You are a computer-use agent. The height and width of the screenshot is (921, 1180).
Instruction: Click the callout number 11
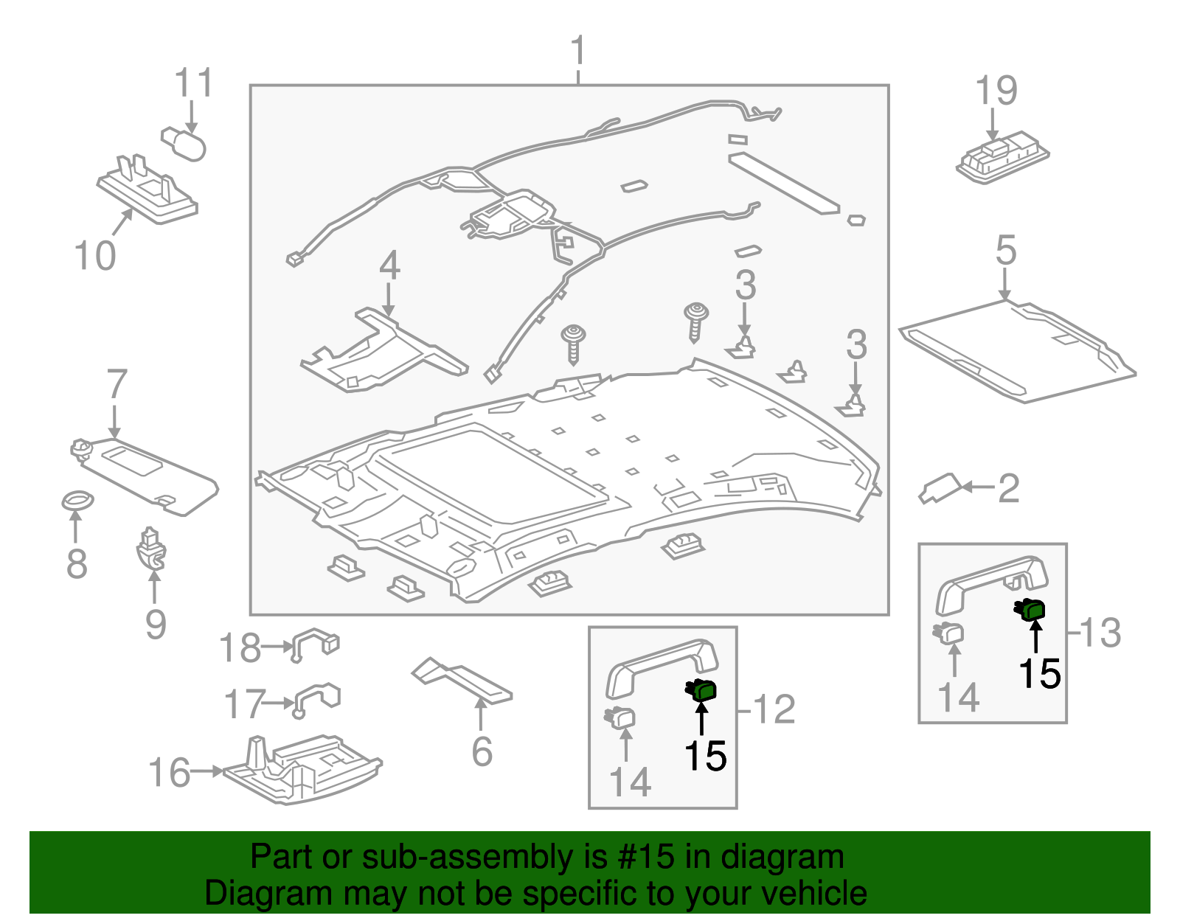(x=194, y=83)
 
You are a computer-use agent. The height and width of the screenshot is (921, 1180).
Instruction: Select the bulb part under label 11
(x=184, y=142)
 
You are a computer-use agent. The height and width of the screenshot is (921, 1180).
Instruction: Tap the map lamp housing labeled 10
(x=147, y=191)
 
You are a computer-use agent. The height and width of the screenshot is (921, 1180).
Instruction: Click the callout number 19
(x=996, y=91)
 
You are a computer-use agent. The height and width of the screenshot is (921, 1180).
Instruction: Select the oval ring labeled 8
(x=77, y=501)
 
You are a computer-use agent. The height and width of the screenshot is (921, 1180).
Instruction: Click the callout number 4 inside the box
(x=389, y=266)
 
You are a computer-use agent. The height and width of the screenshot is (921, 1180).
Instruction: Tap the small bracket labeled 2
(x=940, y=487)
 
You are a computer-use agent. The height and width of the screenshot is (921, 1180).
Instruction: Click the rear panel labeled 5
(x=1018, y=351)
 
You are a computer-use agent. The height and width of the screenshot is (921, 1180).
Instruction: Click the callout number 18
(x=240, y=648)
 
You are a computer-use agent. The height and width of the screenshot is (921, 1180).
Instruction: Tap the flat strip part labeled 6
(x=461, y=681)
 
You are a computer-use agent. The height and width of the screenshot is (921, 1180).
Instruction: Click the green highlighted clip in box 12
(x=702, y=690)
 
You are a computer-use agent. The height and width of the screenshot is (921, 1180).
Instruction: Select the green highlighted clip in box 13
(x=1032, y=610)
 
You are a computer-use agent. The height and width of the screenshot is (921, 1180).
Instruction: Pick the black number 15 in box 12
(x=705, y=756)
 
